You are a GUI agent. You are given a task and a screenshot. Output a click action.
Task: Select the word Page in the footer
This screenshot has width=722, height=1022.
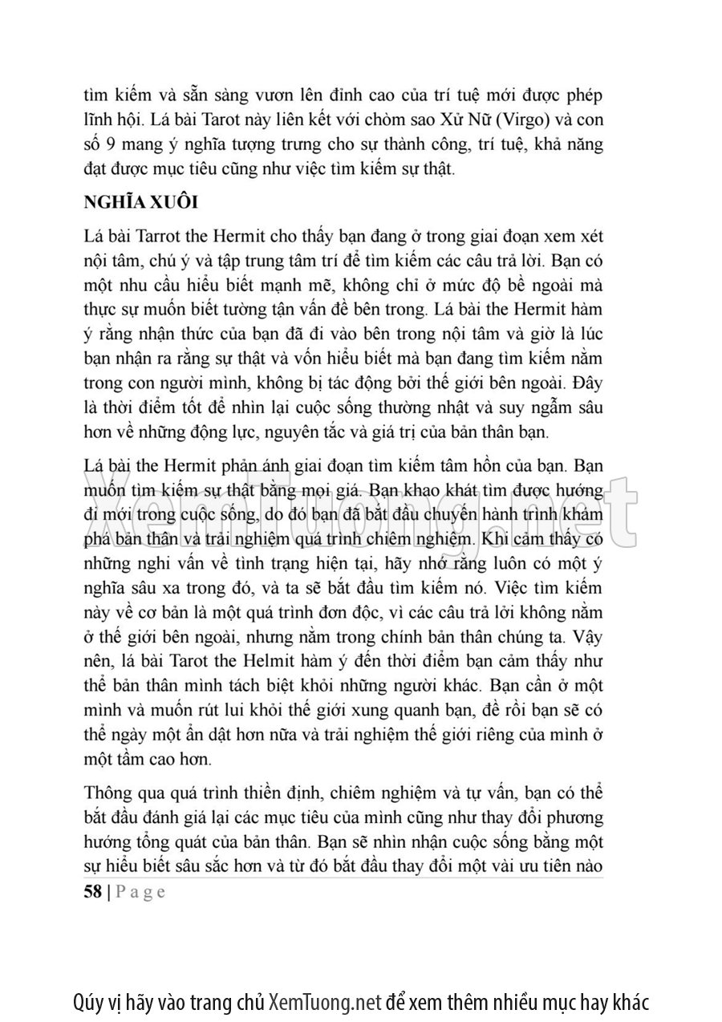[x=140, y=892]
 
